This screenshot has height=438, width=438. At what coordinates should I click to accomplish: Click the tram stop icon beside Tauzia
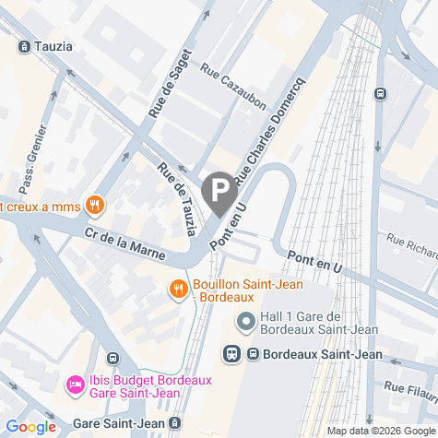23,45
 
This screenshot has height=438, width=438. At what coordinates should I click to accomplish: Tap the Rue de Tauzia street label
178,197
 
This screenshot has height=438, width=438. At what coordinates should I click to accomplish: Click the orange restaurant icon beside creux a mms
92,204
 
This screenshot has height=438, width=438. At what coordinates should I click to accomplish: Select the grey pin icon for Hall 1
246,322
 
